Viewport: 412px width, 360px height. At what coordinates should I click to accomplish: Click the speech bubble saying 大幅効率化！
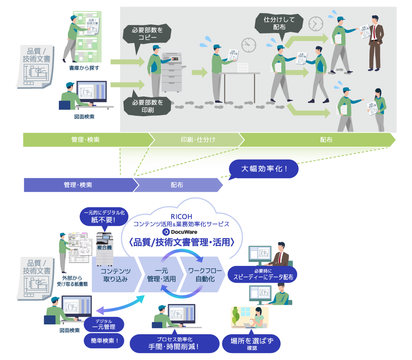[264, 169]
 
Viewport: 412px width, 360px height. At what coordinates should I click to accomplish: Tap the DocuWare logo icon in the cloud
[166, 232]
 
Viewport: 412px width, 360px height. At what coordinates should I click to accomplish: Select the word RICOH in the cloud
[182, 216]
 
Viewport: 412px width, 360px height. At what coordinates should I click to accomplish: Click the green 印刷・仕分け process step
[198, 140]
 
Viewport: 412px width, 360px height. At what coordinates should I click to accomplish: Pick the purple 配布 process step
[177, 185]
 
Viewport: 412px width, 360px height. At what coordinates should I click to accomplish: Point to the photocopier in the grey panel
[174, 72]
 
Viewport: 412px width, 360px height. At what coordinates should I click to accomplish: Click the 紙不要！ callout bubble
[103, 217]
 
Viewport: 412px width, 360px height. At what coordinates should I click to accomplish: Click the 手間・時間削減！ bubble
[174, 343]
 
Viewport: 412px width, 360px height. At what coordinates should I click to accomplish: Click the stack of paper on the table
[243, 67]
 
